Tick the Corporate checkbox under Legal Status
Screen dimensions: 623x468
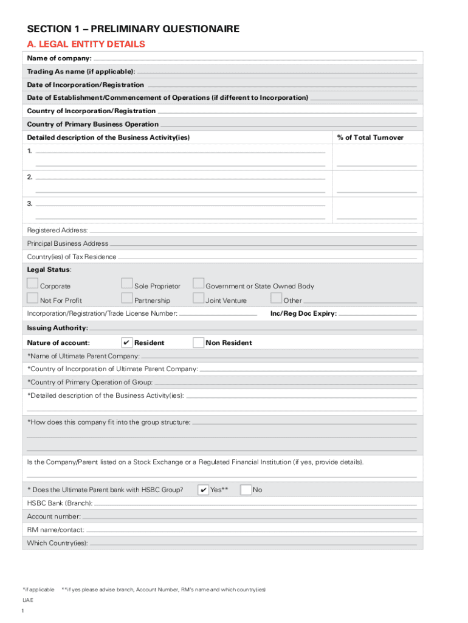pyautogui.click(x=32, y=284)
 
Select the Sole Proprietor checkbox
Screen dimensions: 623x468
pyautogui.click(x=126, y=284)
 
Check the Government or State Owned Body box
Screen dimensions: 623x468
pyautogui.click(x=198, y=284)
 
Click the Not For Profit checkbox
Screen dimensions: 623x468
pyautogui.click(x=32, y=298)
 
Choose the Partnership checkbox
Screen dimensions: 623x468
pyautogui.click(x=126, y=298)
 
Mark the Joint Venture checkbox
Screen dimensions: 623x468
pyautogui.click(x=198, y=298)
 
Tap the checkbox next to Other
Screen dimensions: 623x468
pyautogui.click(x=276, y=298)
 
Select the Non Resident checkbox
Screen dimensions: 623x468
pyautogui.click(x=198, y=343)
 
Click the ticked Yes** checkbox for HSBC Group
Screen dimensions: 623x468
pyautogui.click(x=204, y=490)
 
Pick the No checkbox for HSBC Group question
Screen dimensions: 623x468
pyautogui.click(x=246, y=490)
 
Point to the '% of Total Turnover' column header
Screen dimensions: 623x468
pyautogui.click(x=370, y=137)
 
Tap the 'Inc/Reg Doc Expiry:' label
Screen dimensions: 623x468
pyautogui.click(x=303, y=314)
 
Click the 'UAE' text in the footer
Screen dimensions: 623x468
pyautogui.click(x=28, y=600)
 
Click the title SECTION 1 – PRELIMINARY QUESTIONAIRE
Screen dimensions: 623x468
pyautogui.click(x=133, y=29)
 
